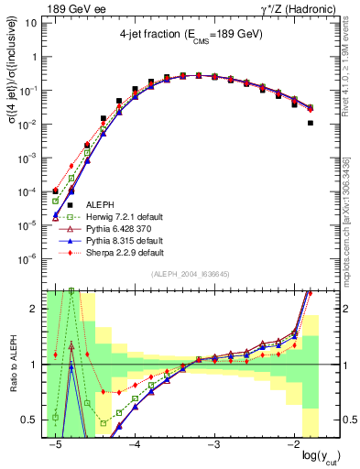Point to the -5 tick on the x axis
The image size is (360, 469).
tap(56, 445)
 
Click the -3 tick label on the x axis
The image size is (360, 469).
tap(213, 445)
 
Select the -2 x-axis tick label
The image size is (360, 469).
tap(291, 445)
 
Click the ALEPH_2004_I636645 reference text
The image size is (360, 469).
tap(191, 275)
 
